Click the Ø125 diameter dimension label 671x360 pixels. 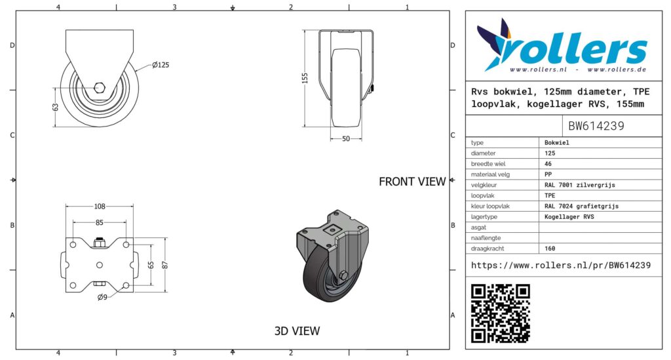point(161,65)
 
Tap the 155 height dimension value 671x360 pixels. point(305,78)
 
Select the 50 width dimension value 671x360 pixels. point(346,139)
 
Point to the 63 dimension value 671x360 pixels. point(55,107)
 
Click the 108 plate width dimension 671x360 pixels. point(100,207)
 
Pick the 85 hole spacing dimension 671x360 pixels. point(100,222)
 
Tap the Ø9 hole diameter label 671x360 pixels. point(102,297)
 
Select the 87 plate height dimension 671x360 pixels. point(165,265)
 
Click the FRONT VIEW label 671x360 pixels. point(412,182)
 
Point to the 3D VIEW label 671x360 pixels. point(297,331)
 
